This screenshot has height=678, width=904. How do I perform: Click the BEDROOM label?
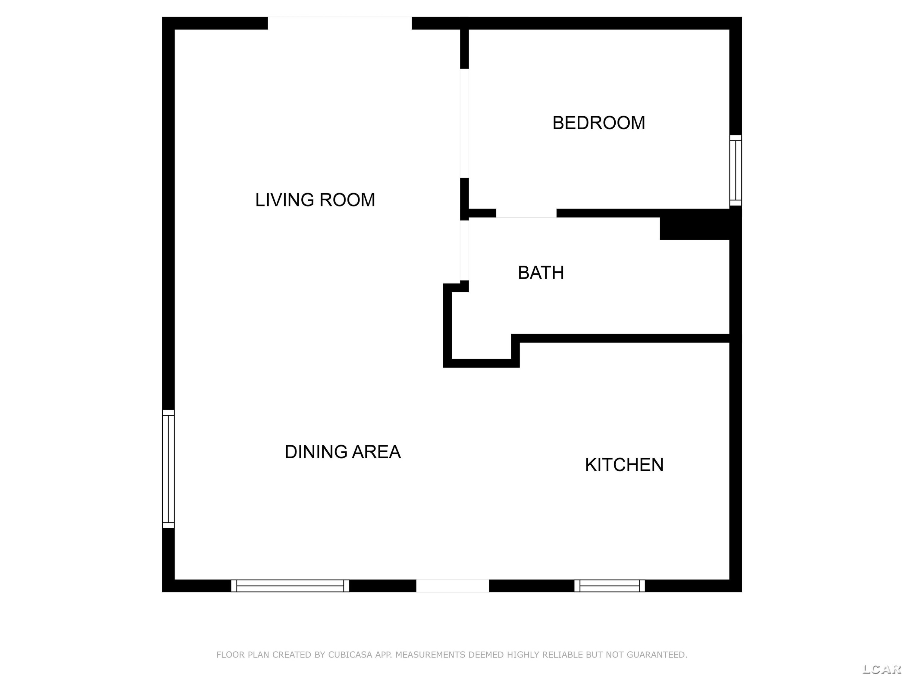[599, 123]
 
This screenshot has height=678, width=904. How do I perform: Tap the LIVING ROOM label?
[315, 200]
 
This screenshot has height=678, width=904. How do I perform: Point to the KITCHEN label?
[624, 465]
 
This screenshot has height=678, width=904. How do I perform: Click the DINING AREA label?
[343, 452]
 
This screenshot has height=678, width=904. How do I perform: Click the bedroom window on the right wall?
[736, 171]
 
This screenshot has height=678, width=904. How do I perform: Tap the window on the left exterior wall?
[168, 469]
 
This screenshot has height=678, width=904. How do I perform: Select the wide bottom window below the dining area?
[290, 585]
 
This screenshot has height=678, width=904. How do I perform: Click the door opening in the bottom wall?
[453, 585]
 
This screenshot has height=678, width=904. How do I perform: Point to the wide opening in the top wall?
[340, 23]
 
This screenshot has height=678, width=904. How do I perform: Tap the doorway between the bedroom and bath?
[526, 213]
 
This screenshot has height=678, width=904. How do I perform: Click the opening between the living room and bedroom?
[464, 124]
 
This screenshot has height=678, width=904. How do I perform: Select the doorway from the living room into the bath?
[464, 250]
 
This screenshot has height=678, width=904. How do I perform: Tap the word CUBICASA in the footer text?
[350, 655]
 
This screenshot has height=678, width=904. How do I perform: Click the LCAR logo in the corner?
[881, 669]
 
